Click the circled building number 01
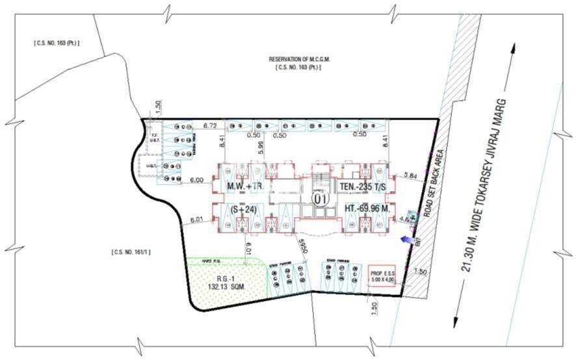click(319, 199)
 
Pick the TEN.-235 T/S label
click(363, 187)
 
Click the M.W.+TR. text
click(244, 187)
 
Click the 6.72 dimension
click(209, 124)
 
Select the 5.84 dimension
click(410, 175)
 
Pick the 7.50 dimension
click(420, 271)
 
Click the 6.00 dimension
click(197, 180)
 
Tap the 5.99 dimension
click(259, 148)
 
